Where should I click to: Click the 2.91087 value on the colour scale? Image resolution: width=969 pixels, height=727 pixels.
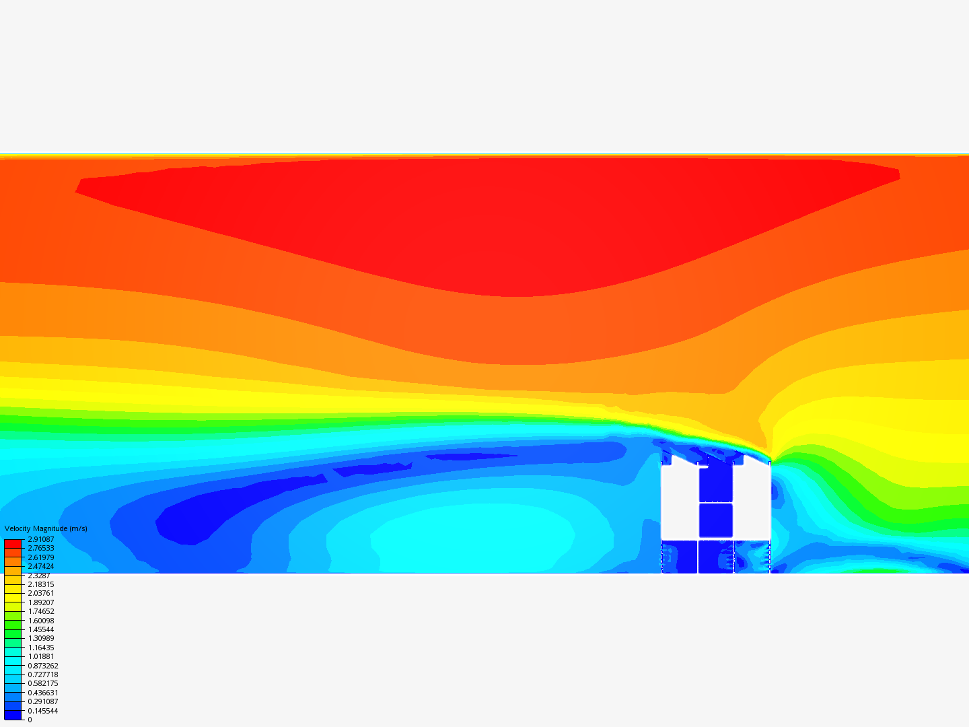coord(40,539)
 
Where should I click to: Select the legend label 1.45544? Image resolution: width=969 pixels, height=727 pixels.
coord(40,629)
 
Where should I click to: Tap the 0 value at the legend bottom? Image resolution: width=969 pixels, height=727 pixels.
coord(30,720)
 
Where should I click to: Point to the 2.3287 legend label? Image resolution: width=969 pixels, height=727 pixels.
coord(39,576)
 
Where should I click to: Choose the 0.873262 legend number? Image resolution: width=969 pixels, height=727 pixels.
coord(43,666)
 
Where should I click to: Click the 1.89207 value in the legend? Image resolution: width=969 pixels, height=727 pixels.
coord(40,602)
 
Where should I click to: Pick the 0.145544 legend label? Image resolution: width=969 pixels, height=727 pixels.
coord(43,711)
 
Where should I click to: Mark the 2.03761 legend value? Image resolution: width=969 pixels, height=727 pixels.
coord(40,593)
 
